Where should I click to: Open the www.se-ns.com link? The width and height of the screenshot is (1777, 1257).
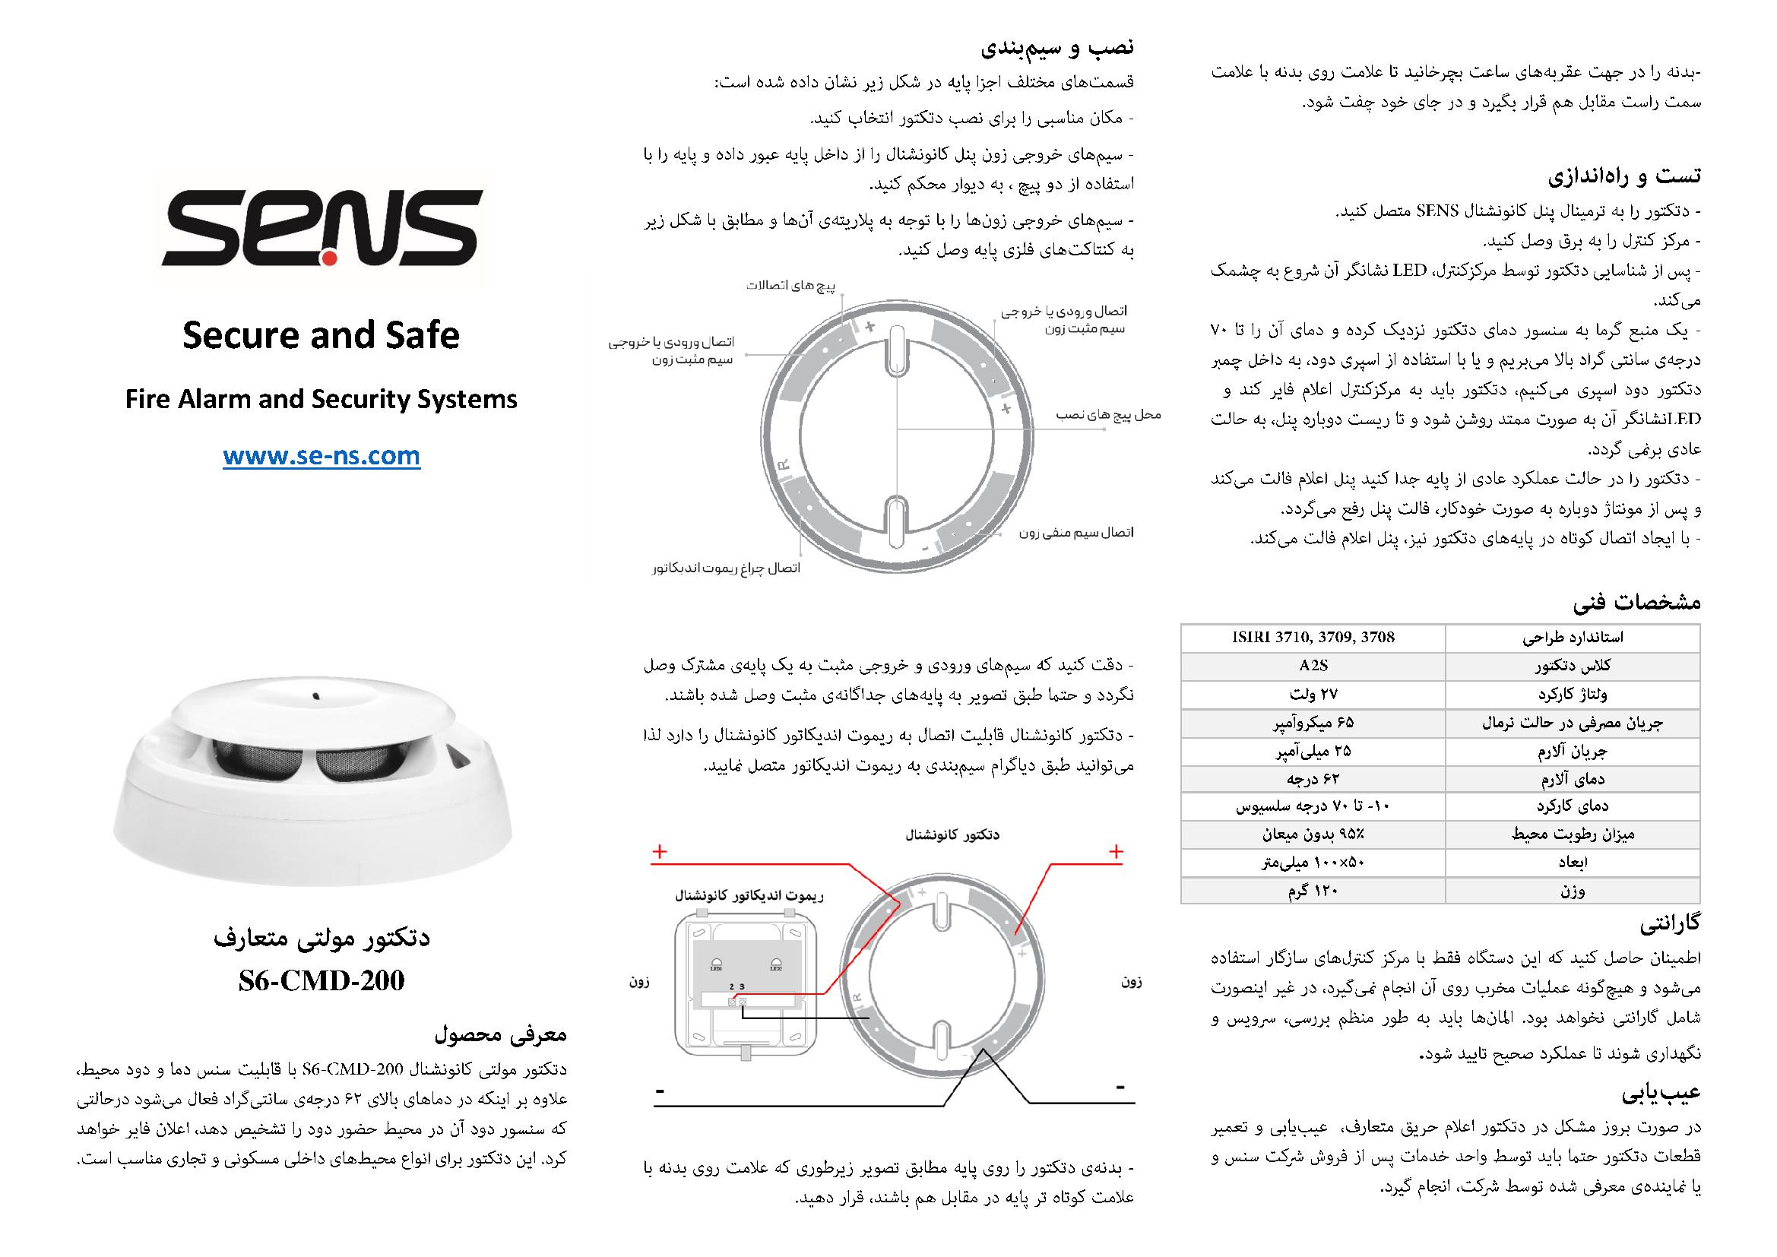322,457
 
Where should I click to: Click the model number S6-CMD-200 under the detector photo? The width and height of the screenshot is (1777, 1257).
322,980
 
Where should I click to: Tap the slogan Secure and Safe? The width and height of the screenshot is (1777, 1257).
322,335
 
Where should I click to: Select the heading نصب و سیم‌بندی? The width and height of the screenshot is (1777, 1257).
1057,48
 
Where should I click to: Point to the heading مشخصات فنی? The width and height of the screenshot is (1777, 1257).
1637,602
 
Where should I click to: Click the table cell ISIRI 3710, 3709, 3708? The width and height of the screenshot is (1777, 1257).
1313,638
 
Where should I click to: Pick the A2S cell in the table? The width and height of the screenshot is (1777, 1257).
1313,666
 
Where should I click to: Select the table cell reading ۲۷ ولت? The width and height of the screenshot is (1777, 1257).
1313,695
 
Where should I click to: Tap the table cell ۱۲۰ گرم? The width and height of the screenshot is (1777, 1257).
1313,891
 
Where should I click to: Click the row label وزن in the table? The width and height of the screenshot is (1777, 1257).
1572,891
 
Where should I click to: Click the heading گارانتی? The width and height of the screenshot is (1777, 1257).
1670,923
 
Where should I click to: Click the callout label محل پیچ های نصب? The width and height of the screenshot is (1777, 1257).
1108,416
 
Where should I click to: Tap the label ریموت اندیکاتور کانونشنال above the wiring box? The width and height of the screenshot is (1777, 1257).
749,896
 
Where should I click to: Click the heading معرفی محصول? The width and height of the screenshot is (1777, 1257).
501,1034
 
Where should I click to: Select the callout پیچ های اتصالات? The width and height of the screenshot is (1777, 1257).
791,286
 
